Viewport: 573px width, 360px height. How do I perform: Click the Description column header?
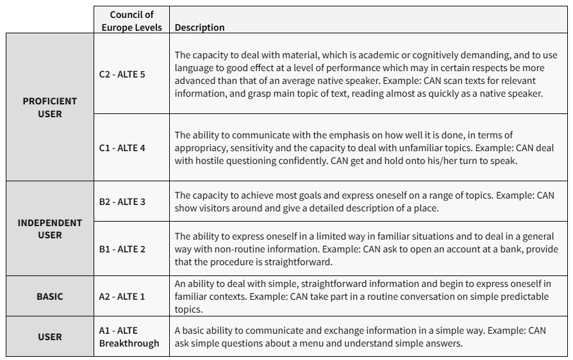pos(199,28)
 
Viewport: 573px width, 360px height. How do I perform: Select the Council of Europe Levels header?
pos(131,20)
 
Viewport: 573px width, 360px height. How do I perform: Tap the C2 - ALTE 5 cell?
pos(122,74)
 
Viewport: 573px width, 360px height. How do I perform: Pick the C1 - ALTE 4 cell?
pos(122,148)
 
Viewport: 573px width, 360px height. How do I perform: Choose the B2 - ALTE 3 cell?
pos(122,202)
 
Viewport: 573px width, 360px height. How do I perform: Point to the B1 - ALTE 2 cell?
pos(122,249)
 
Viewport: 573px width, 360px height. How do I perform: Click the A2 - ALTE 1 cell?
pos(122,297)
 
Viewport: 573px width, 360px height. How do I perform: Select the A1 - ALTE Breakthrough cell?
pos(129,337)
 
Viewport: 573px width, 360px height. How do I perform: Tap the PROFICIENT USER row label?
pos(49,108)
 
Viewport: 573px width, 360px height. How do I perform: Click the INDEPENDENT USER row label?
pos(49,229)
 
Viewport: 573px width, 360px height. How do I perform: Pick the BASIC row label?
pos(49,297)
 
